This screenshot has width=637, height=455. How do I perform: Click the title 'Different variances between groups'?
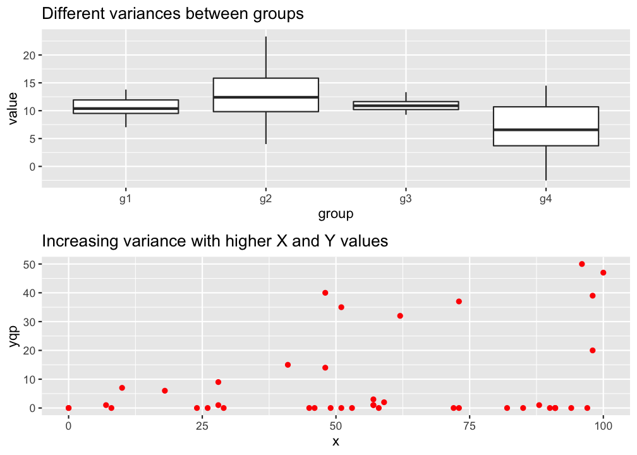point(173,14)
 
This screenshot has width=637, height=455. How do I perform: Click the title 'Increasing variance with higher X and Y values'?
point(214,241)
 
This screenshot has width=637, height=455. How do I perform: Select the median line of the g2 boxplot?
point(265,97)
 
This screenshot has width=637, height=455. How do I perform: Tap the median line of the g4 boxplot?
point(545,130)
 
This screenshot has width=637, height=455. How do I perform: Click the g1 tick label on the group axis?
point(126,198)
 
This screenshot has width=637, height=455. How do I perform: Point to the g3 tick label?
point(406,198)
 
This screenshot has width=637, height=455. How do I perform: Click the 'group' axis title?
point(336,214)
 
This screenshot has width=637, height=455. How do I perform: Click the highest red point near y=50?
point(582,264)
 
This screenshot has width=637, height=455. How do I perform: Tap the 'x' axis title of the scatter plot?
point(336,441)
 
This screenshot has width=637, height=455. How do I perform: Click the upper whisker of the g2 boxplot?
point(265,57)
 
